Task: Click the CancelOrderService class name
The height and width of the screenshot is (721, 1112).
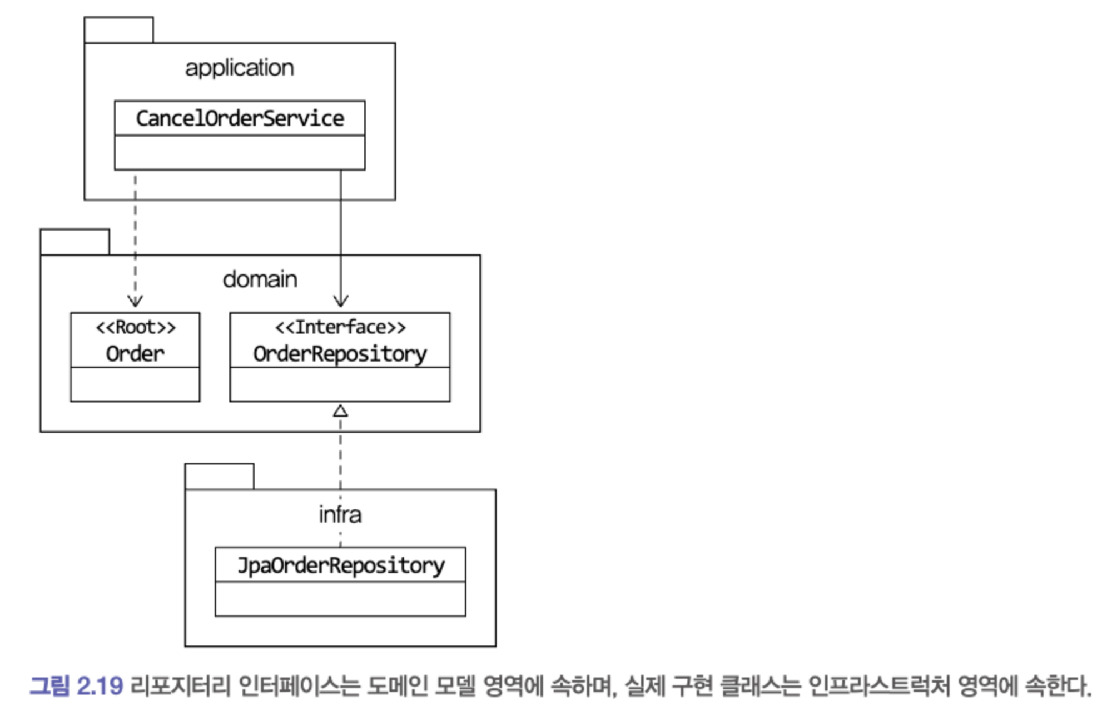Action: tap(240, 118)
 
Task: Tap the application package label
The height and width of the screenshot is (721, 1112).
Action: tap(240, 68)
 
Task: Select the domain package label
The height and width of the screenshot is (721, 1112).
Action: tap(260, 279)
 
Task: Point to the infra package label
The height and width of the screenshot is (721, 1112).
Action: tap(340, 515)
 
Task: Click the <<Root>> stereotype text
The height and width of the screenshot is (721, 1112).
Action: tap(135, 327)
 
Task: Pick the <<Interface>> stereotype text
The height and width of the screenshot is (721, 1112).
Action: tap(340, 327)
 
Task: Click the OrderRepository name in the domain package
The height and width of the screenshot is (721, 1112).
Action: tap(340, 354)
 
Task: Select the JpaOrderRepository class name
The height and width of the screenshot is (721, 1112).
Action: tap(340, 565)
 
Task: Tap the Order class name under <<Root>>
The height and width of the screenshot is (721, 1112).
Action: tap(135, 354)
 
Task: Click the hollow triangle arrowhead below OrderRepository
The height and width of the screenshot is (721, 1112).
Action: tap(340, 412)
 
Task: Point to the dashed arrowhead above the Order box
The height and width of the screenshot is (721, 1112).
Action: tap(135, 301)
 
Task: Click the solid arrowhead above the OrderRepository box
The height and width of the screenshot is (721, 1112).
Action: tap(341, 301)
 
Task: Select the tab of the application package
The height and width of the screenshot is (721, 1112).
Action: tap(118, 30)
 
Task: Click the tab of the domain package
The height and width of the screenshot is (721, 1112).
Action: tap(75, 242)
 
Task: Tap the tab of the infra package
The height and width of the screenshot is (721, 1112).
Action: tap(219, 477)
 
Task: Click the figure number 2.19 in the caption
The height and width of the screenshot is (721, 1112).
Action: tap(100, 686)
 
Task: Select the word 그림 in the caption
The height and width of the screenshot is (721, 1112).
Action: tap(49, 686)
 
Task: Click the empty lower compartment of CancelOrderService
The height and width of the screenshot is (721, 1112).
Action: tap(240, 153)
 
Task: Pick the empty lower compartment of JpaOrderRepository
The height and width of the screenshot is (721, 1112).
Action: tap(340, 599)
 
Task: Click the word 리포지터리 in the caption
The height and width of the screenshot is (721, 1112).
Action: tap(180, 686)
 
